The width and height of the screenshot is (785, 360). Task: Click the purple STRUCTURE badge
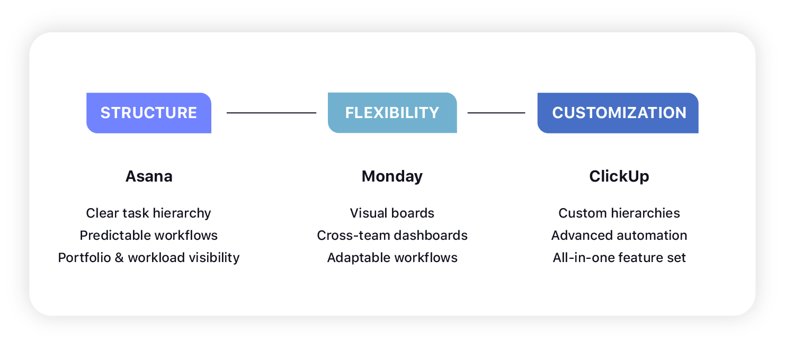[149, 113]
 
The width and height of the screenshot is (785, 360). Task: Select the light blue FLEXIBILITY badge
[392, 113]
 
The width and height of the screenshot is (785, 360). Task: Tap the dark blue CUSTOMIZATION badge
[618, 113]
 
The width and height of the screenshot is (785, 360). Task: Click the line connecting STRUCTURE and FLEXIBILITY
[271, 113]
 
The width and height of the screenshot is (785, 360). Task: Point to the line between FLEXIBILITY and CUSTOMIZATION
[496, 113]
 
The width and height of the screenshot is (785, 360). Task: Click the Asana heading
[149, 176]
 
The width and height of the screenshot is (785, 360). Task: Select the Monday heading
[392, 176]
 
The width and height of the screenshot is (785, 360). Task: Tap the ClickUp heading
[619, 176]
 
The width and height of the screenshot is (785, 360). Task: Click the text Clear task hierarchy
[149, 213]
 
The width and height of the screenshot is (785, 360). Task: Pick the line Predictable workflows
[149, 236]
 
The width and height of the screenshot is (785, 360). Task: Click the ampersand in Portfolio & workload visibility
[118, 258]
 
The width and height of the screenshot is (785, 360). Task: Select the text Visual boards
[392, 213]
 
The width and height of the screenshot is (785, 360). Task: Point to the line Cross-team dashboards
[392, 236]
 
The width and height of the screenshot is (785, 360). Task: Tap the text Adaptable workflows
[392, 258]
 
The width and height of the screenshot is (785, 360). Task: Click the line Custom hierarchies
[619, 213]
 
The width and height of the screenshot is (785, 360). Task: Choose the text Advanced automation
[619, 236]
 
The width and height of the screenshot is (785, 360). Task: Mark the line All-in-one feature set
[619, 258]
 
